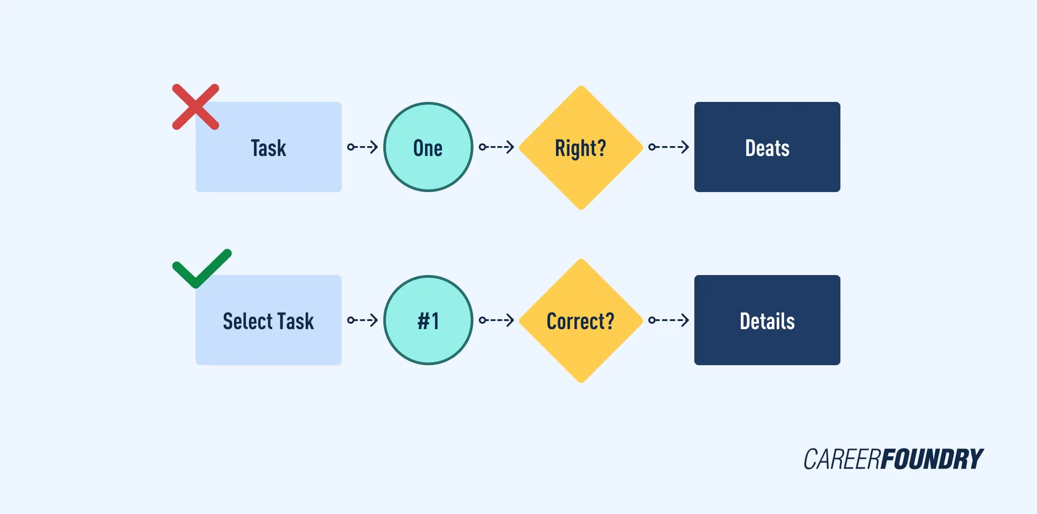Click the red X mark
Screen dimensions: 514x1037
coord(196,107)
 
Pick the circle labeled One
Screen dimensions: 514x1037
coord(428,147)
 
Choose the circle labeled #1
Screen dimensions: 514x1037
coord(428,321)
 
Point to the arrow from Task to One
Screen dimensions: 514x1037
coord(362,147)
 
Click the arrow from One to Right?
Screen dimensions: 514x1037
coord(496,147)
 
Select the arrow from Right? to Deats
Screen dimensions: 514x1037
coord(669,147)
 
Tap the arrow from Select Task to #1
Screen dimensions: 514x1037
coord(362,320)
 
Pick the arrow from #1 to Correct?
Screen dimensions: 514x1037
coord(496,320)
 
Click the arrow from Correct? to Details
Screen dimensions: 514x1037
coord(669,320)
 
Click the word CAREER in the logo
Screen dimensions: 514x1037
coord(842,459)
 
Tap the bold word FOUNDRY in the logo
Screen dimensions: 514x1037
coord(932,459)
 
